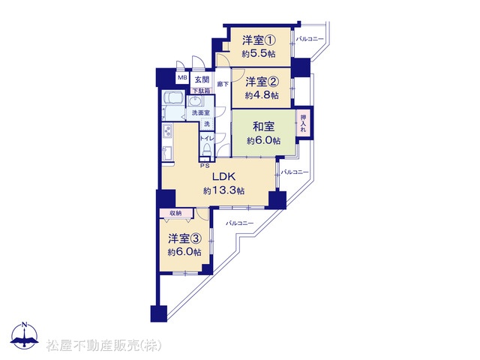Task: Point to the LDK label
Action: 223,178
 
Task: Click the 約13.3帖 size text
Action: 223,191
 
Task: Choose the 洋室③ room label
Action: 184,238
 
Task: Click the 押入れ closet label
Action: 303,123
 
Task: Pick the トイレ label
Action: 207,139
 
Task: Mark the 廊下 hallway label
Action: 222,85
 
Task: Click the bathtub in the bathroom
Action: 173,100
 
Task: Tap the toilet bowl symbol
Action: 208,151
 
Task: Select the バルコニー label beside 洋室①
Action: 310,38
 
